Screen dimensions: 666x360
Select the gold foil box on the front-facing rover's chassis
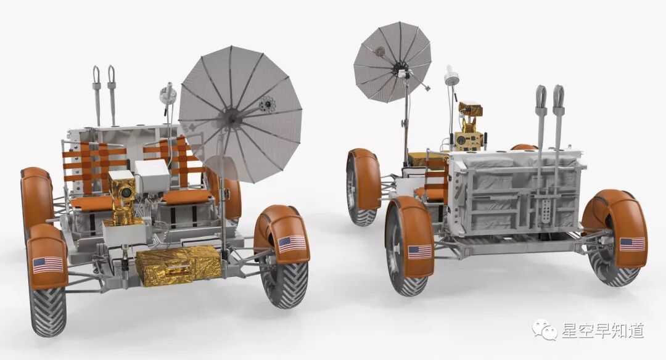179,265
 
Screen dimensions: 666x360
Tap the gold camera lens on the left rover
126,192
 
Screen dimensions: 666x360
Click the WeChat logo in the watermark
545,330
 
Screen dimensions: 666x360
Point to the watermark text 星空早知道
603,330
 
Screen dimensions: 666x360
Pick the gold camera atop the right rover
470,109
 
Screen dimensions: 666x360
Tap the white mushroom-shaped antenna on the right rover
451,78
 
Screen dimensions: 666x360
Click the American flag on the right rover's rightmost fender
632,244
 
